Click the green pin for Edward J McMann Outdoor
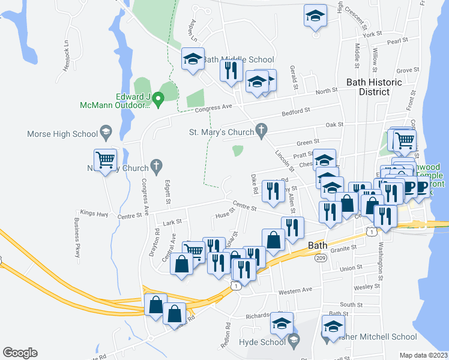tap(158, 97)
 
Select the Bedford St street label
tap(298, 111)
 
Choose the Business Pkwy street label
tap(77, 237)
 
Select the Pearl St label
tap(397, 41)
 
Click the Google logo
tap(20, 353)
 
